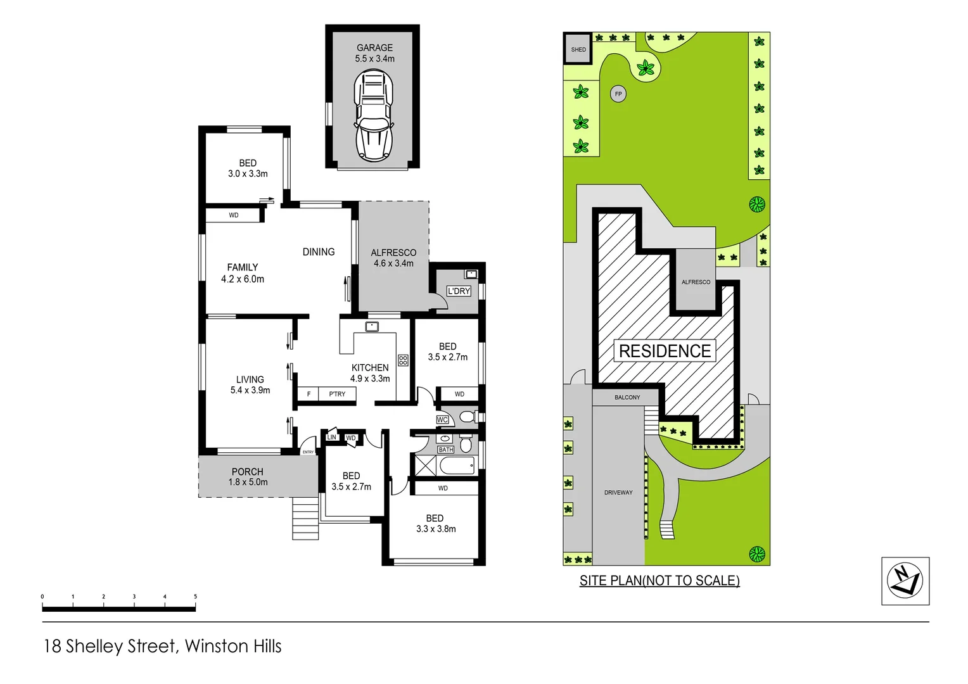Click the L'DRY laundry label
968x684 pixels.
tap(459, 291)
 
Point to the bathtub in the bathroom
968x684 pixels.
tap(456, 466)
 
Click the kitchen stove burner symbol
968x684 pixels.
tap(403, 360)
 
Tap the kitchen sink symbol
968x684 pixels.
tap(372, 327)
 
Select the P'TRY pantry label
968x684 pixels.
tap(337, 394)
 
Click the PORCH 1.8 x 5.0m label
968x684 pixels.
tap(248, 477)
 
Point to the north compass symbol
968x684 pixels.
tap(905, 581)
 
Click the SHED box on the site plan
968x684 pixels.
tap(578, 49)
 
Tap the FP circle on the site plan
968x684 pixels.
tap(618, 94)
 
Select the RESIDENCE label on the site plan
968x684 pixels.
tap(665, 351)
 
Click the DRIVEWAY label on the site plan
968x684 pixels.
tap(618, 492)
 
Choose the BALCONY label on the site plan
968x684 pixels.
tap(627, 397)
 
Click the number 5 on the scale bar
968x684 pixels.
tap(195, 597)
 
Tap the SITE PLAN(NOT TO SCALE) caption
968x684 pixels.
tap(659, 581)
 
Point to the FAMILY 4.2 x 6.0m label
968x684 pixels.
tap(243, 273)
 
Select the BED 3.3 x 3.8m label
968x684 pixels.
tap(435, 523)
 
